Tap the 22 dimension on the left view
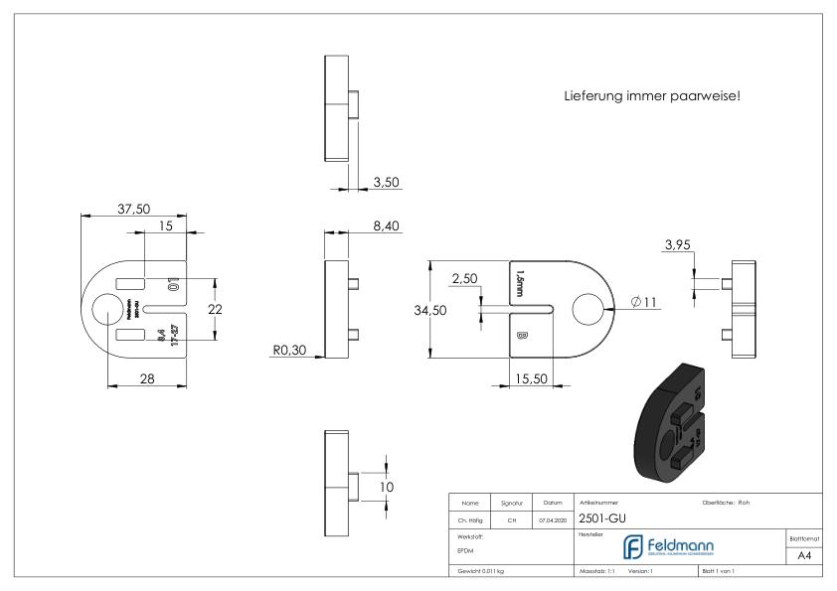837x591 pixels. [213, 309]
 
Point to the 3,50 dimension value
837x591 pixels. [386, 182]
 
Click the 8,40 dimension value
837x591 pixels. [386, 227]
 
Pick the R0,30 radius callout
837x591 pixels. [291, 349]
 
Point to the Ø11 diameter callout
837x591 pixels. [642, 302]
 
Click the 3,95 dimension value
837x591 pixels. [678, 245]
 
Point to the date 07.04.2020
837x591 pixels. [554, 517]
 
